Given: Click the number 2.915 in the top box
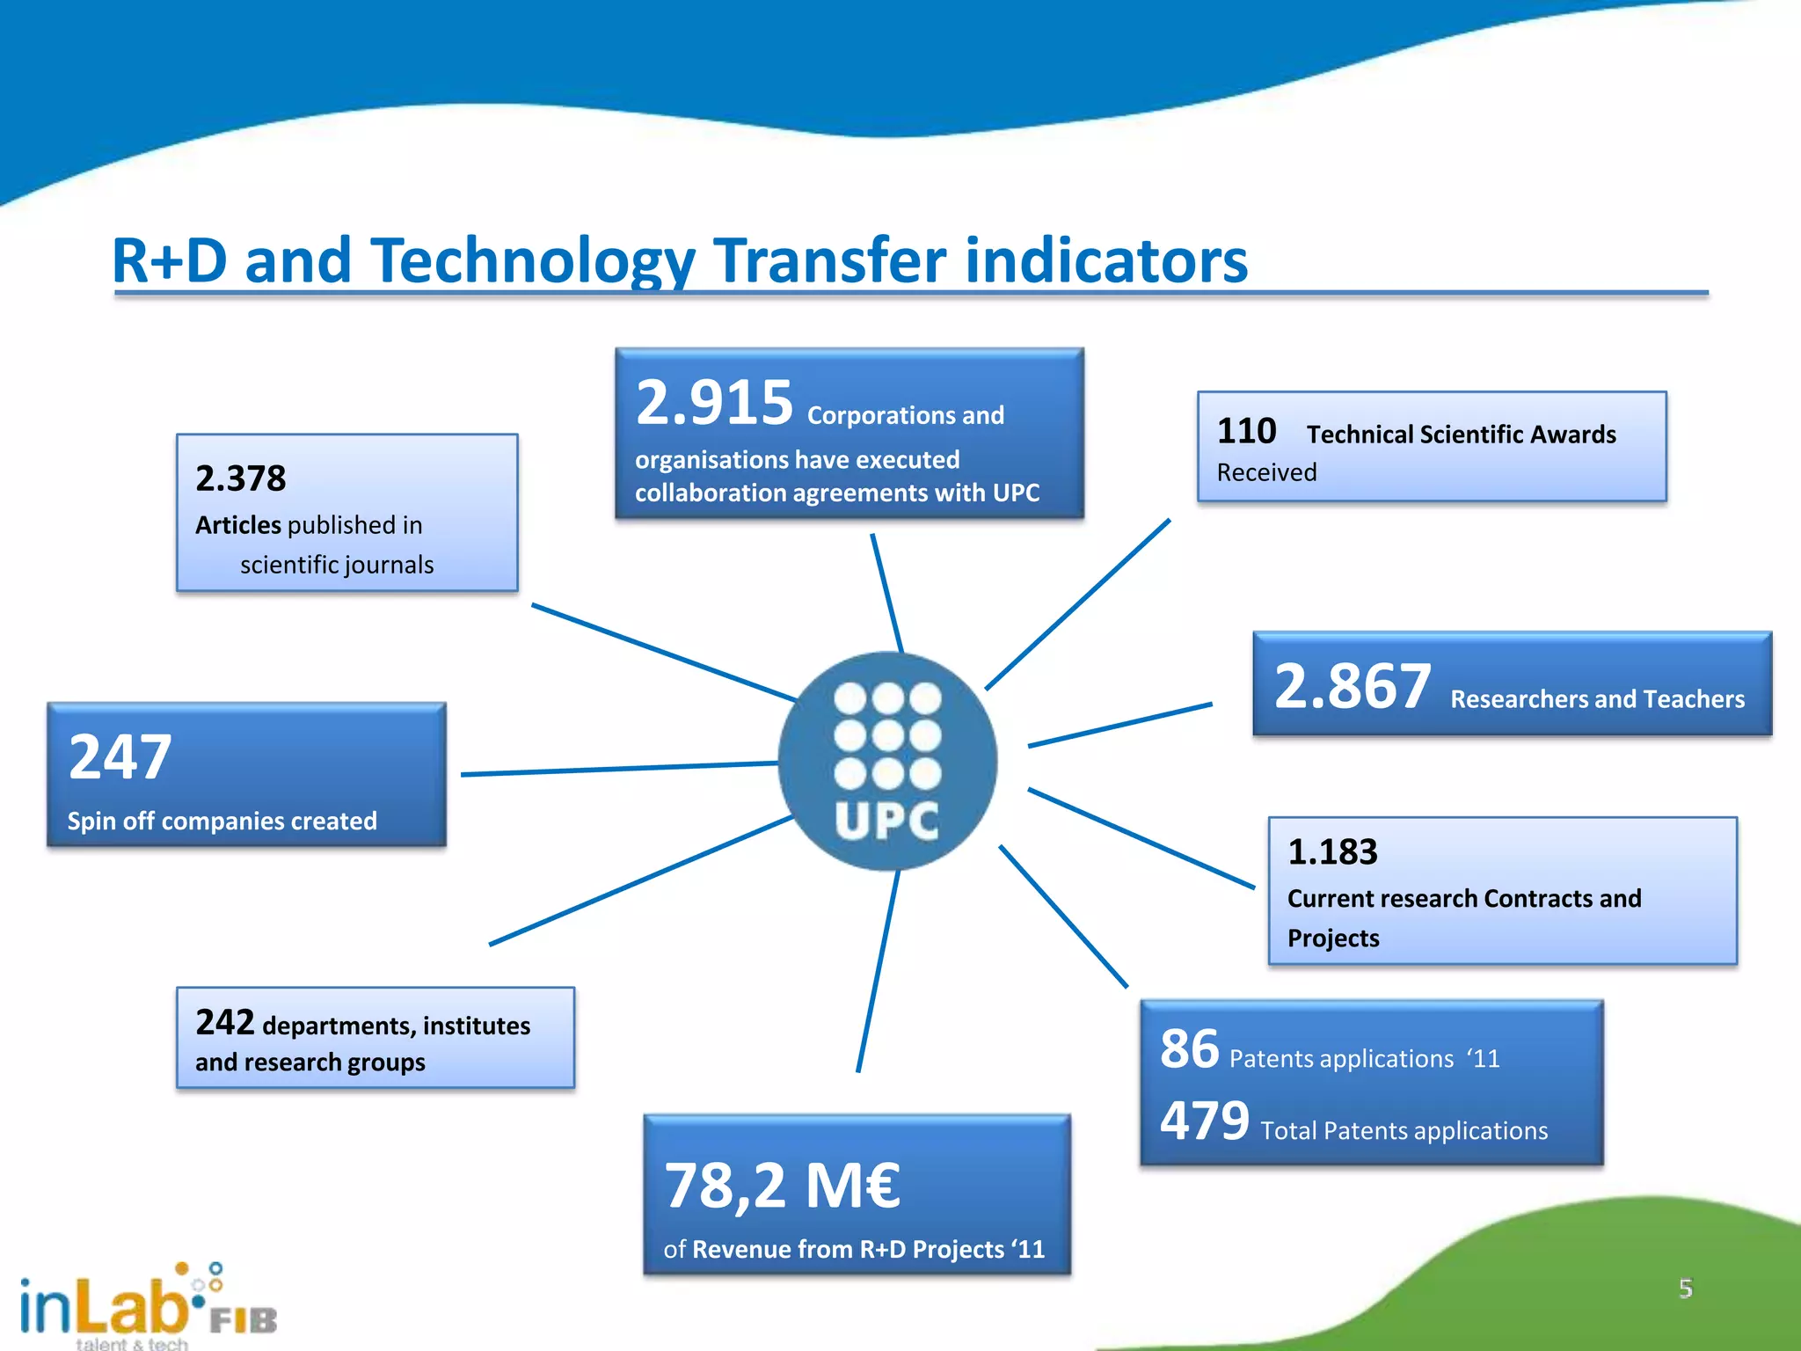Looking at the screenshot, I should [x=714, y=403].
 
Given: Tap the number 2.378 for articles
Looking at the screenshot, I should [x=240, y=478].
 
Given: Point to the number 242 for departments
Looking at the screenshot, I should [x=224, y=1022].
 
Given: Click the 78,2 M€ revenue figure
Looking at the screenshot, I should [x=782, y=1186].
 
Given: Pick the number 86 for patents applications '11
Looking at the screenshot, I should [x=1189, y=1048].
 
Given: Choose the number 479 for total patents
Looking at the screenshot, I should [x=1204, y=1121].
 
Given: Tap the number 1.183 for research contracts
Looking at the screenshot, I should [x=1331, y=851].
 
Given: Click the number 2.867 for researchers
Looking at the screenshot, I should [x=1352, y=686].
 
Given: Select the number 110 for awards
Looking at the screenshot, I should [x=1246, y=431].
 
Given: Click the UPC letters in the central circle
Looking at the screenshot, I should [x=886, y=822].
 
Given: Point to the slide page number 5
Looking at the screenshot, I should [x=1685, y=1289].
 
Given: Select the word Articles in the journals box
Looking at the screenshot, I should [x=237, y=525].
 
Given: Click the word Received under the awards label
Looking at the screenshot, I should [x=1266, y=472].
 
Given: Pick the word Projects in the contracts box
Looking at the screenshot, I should [x=1332, y=938].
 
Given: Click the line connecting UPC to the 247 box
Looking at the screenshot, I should [x=616, y=769].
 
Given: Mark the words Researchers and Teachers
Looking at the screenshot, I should [x=1596, y=699].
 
